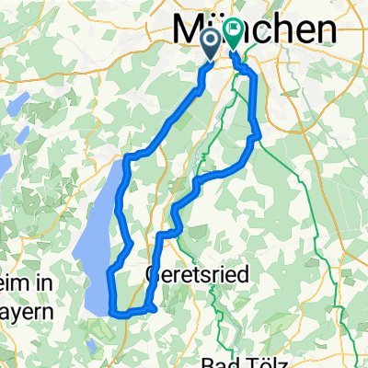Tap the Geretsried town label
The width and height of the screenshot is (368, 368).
[193, 273]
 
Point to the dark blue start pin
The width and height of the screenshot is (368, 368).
[210, 40]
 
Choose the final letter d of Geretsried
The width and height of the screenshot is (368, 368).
[235, 273]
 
